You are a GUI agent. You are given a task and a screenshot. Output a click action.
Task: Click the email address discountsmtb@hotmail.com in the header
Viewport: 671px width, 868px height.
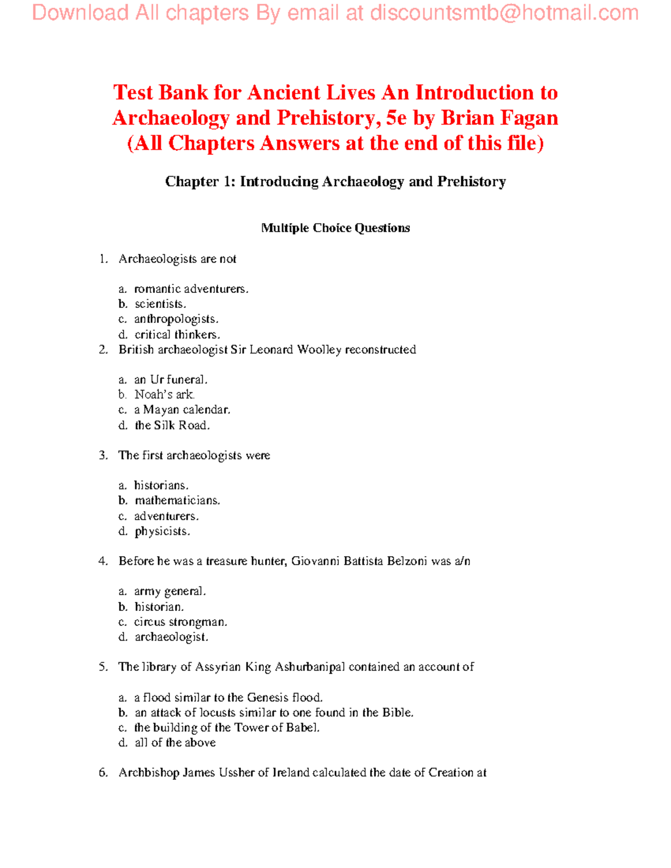pos(504,13)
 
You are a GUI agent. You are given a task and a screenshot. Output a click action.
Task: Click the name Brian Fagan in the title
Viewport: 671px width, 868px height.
pos(499,118)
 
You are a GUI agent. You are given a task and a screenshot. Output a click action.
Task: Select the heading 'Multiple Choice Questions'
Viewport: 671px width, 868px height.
pos(335,228)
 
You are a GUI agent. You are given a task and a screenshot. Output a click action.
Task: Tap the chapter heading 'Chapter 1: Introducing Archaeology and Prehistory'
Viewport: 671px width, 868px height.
pos(335,182)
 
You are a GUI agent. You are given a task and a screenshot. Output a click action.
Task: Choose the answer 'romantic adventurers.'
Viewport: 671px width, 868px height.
pos(191,289)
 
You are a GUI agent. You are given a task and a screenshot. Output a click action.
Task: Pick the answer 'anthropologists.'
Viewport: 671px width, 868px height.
pos(176,319)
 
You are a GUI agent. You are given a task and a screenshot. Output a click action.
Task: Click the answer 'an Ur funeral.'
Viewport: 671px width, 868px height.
pos(171,380)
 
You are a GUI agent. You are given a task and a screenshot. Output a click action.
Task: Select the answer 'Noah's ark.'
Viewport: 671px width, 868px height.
pos(165,395)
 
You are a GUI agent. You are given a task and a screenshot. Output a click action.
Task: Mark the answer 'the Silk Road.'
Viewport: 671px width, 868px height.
pos(172,425)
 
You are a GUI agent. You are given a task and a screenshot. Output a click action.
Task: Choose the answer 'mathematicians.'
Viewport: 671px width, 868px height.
pos(177,501)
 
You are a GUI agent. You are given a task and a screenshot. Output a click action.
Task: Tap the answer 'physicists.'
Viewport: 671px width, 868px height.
pos(162,531)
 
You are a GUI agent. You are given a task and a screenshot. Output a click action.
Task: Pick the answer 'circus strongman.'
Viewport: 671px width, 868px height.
pos(181,622)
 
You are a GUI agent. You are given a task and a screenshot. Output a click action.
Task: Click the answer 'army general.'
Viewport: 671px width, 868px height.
pos(170,591)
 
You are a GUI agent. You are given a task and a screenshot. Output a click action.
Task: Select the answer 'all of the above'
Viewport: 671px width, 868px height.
pos(175,743)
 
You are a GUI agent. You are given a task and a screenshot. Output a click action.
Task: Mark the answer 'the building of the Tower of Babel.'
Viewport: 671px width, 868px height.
pos(226,728)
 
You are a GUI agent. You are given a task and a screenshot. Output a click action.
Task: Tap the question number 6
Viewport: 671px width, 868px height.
pos(103,773)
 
